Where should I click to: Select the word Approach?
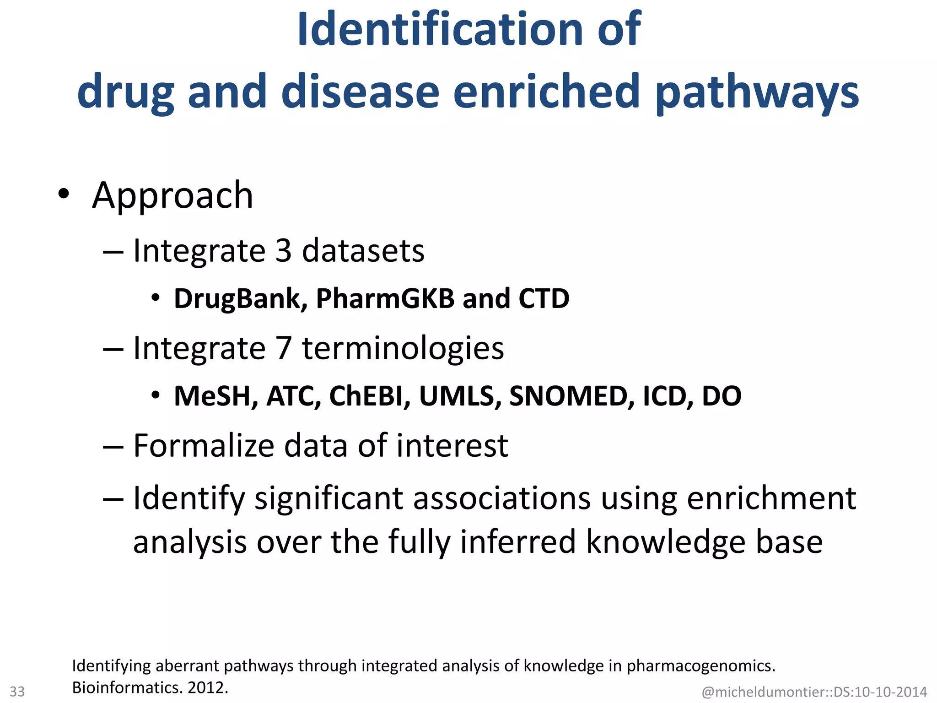(x=172, y=196)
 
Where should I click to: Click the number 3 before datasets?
(x=284, y=251)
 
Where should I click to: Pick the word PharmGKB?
(x=385, y=298)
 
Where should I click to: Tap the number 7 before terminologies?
(x=284, y=348)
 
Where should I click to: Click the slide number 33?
(x=17, y=691)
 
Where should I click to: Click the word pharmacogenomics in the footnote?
(x=700, y=666)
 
